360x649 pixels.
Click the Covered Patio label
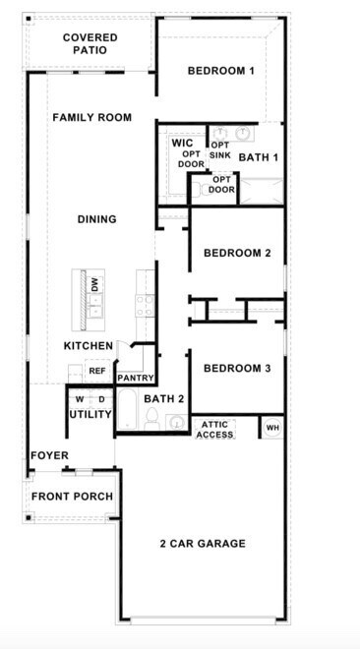pyautogui.click(x=90, y=43)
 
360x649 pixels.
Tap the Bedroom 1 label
pyautogui.click(x=221, y=71)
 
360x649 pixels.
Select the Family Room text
pyautogui.click(x=91, y=118)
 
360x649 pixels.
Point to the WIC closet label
pyautogui.click(x=182, y=144)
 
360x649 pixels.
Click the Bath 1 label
pyautogui.click(x=259, y=157)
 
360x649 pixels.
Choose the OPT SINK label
pyautogui.click(x=219, y=150)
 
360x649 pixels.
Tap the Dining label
pyautogui.click(x=96, y=220)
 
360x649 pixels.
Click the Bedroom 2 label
pyautogui.click(x=237, y=254)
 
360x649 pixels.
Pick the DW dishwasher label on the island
pyautogui.click(x=95, y=285)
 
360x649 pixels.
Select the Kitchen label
pyautogui.click(x=89, y=346)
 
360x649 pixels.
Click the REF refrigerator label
pyautogui.click(x=96, y=371)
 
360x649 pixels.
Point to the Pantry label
pyautogui.click(x=134, y=378)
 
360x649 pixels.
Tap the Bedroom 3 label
pyautogui.click(x=237, y=369)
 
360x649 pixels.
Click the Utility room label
pyautogui.click(x=90, y=414)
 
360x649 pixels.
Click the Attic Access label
pyautogui.click(x=215, y=429)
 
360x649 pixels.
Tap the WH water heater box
pyautogui.click(x=271, y=428)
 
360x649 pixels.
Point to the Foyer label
pyautogui.click(x=49, y=456)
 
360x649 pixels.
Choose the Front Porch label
pyautogui.click(x=72, y=497)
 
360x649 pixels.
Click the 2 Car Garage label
pyautogui.click(x=203, y=544)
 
